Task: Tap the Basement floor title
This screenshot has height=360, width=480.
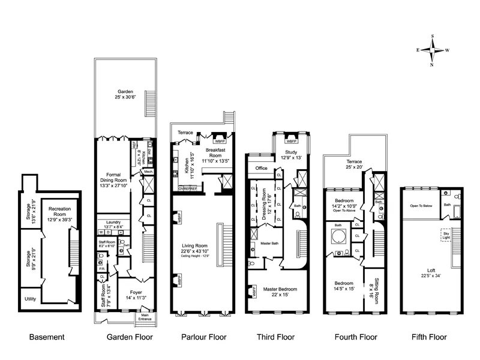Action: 47,337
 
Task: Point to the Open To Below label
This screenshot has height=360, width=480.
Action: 421,205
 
